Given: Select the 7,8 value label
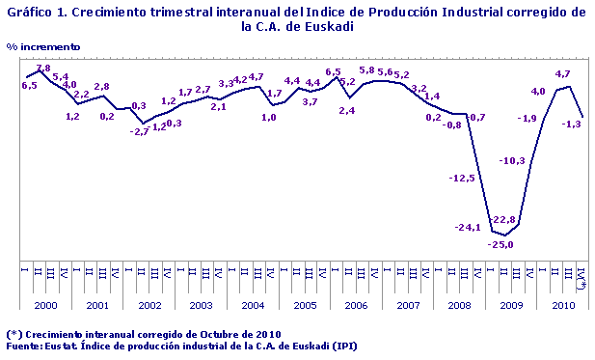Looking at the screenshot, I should [x=42, y=69].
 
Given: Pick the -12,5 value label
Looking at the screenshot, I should [x=463, y=178].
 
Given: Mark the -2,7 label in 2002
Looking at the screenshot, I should [x=140, y=131].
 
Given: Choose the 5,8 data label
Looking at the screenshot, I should [x=367, y=70].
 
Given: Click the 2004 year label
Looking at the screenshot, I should [x=253, y=305].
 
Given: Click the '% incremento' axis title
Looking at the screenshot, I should [x=43, y=46].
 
